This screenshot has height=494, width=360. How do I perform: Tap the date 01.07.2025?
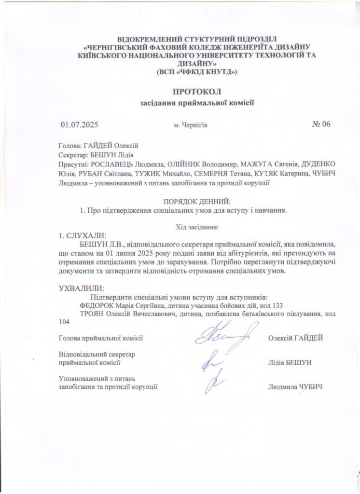click(79, 124)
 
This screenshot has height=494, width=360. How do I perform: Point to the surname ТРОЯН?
click(93, 314)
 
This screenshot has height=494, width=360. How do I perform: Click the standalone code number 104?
click(64, 322)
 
